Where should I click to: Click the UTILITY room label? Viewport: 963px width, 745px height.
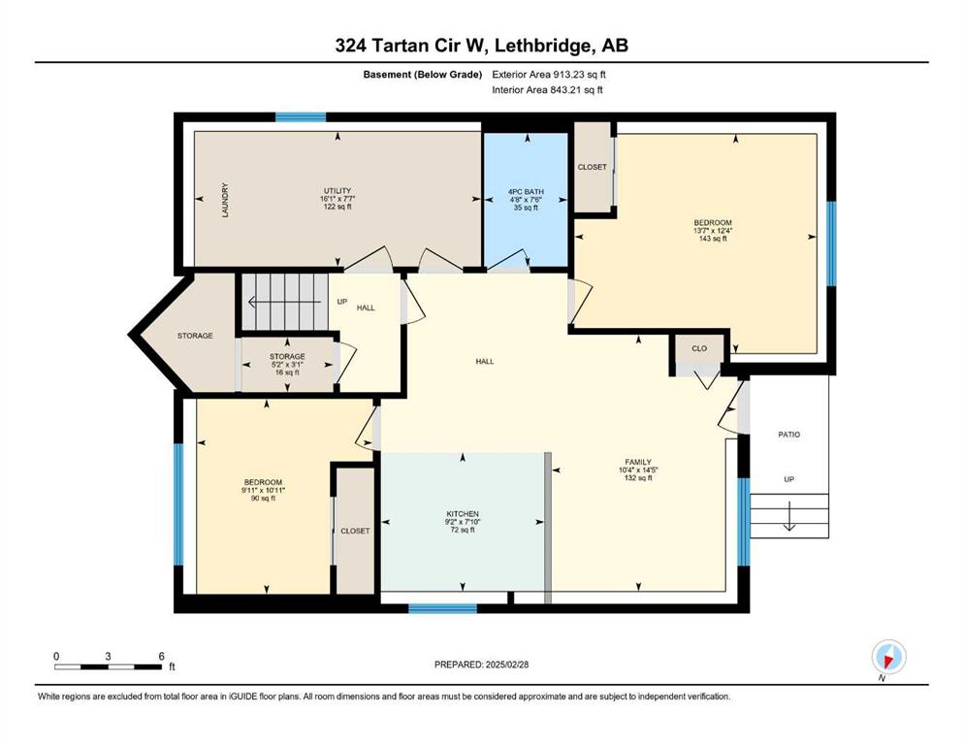337,190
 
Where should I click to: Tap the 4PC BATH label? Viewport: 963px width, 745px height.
526,192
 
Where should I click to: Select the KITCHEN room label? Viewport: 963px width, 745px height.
463,513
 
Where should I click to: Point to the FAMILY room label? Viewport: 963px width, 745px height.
638,462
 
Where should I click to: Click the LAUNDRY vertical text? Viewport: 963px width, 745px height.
225,200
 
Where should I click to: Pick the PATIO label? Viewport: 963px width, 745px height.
789,435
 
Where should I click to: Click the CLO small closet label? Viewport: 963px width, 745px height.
699,348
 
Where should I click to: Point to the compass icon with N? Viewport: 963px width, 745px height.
888,658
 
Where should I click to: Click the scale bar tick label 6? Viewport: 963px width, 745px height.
162,656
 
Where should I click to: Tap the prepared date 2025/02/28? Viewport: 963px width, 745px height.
506,664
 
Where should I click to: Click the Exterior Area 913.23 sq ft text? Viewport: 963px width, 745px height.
549,75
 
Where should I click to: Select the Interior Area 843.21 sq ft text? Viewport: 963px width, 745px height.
547,89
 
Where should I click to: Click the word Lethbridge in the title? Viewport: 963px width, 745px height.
544,46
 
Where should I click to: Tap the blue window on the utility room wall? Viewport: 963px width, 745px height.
301,117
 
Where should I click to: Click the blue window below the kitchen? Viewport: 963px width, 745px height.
443,608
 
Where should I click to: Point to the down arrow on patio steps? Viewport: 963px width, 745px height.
789,515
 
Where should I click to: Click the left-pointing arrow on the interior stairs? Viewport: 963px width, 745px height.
284,302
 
